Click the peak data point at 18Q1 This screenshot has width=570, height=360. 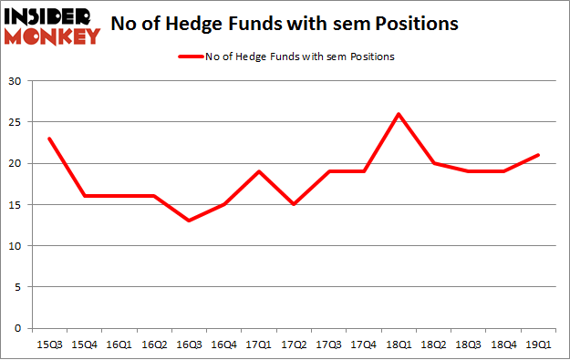pyautogui.click(x=399, y=114)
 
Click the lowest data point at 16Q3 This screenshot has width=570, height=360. pyautogui.click(x=188, y=221)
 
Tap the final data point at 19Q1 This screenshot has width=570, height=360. pyautogui.click(x=538, y=155)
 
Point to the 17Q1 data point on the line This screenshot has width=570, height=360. pyautogui.click(x=258, y=171)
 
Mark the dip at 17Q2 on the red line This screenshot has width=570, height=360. pyautogui.click(x=294, y=204)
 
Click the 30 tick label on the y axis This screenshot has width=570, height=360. pyautogui.click(x=16, y=81)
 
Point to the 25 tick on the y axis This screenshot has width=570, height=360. pyautogui.click(x=16, y=122)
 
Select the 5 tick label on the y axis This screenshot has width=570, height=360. pyautogui.click(x=19, y=287)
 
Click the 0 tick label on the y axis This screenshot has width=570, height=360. pyautogui.click(x=19, y=328)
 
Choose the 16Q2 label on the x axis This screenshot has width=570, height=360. pyautogui.click(x=153, y=345)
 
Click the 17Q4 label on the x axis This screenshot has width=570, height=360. pyautogui.click(x=363, y=345)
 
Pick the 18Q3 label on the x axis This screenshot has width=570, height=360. pyautogui.click(x=468, y=345)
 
